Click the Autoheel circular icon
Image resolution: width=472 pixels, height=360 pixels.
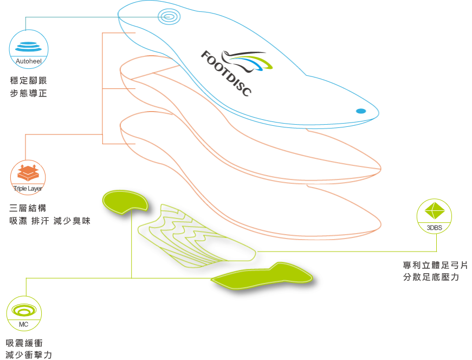tap(29, 49)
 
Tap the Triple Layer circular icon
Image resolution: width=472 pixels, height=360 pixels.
tap(28, 177)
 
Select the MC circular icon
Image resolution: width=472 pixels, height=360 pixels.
tap(24, 313)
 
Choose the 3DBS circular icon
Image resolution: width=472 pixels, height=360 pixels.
tap(435, 216)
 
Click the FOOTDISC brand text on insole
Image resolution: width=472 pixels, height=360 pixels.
tap(226, 73)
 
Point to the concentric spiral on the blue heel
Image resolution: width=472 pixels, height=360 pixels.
tap(169, 16)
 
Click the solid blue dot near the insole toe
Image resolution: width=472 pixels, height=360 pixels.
tap(361, 111)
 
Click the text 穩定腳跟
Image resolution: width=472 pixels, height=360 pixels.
tap(28, 81)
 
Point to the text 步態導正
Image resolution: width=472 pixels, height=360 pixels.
tap(28, 93)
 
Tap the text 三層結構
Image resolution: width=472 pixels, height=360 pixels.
tap(28, 208)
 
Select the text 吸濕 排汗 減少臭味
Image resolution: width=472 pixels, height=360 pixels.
tap(50, 221)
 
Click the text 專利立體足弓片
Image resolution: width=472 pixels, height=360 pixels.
tap(435, 265)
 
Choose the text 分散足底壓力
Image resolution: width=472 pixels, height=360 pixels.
tap(431, 277)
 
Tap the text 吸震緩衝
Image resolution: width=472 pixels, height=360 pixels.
tap(24, 343)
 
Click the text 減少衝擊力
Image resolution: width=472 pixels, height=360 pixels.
tap(29, 355)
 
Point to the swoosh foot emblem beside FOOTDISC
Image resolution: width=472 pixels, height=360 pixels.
tap(247, 62)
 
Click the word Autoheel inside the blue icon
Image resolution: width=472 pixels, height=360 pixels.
tap(29, 61)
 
